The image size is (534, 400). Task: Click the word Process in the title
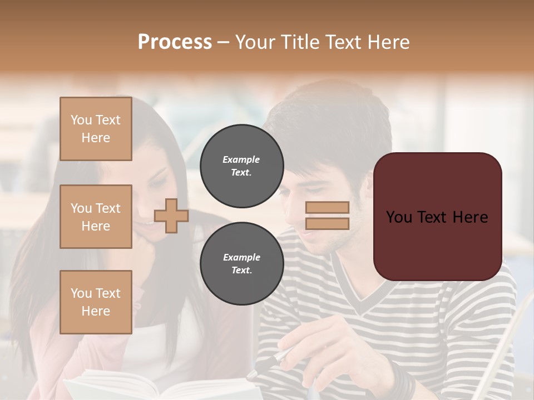(x=175, y=42)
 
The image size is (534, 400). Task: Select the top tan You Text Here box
(x=96, y=129)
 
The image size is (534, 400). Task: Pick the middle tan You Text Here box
(x=96, y=217)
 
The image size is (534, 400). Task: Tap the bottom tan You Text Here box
(x=96, y=302)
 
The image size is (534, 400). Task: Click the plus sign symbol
(x=171, y=216)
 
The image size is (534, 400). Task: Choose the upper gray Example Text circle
(x=241, y=166)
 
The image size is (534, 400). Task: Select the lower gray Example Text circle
(x=241, y=264)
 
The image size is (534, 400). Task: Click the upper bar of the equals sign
(x=327, y=208)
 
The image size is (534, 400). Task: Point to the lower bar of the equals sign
(x=327, y=223)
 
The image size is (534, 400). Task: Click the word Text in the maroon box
(x=437, y=217)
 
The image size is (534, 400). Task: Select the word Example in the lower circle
(x=241, y=257)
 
